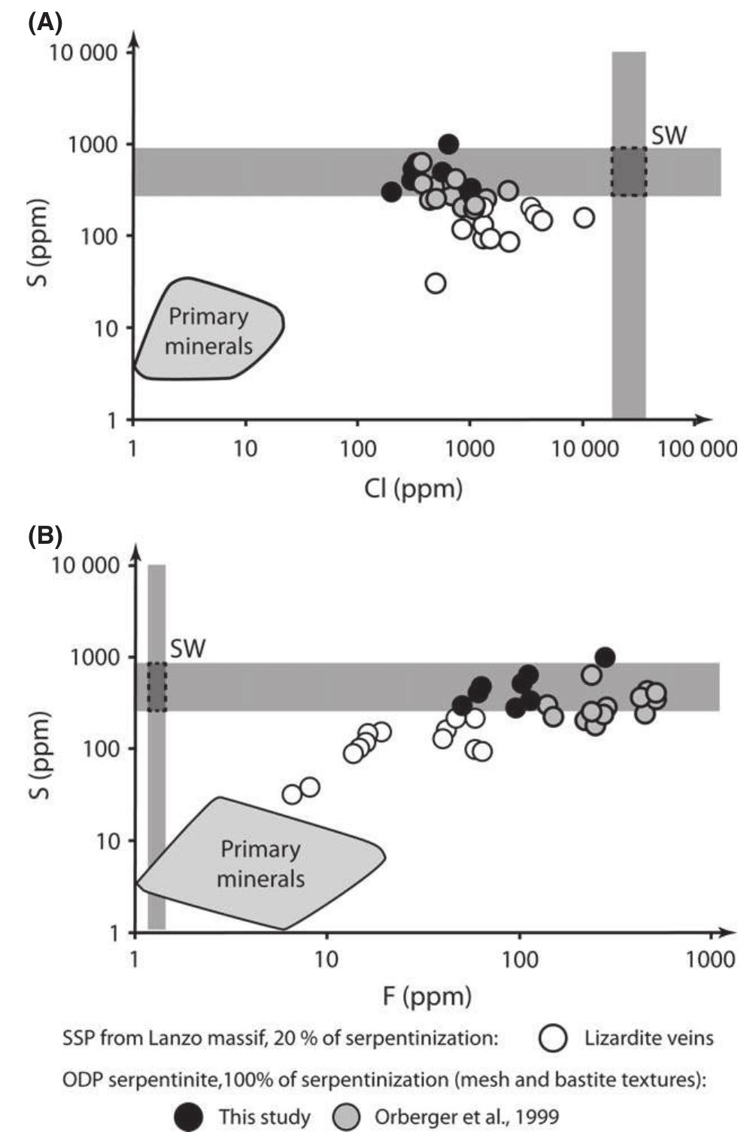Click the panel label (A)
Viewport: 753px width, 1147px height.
(x=44, y=20)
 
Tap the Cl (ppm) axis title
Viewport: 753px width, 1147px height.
(x=413, y=488)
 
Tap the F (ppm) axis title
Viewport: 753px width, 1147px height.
(x=427, y=997)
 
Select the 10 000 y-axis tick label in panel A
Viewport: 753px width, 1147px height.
(x=84, y=52)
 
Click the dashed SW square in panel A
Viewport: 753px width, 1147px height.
(x=628, y=171)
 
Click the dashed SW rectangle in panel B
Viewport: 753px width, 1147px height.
(x=156, y=687)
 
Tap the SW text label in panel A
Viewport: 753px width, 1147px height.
(x=669, y=135)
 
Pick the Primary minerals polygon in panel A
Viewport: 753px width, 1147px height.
(x=208, y=331)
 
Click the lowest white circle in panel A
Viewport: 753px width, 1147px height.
(x=436, y=284)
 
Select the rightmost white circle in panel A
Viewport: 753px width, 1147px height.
(x=584, y=217)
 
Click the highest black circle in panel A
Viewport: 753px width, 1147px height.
(x=448, y=143)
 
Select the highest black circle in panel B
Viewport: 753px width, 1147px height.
(x=604, y=657)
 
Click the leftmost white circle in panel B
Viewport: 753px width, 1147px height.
(x=293, y=794)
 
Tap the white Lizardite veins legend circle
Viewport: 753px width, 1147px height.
(x=553, y=1039)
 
